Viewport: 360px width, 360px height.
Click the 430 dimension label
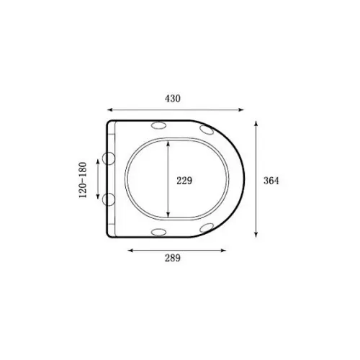(173, 99)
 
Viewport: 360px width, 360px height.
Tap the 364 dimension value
(271, 181)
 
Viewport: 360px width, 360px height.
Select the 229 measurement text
(184, 181)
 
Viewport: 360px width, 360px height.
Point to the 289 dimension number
(173, 258)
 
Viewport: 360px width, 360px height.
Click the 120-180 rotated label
(83, 180)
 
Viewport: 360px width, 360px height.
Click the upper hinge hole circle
(109, 158)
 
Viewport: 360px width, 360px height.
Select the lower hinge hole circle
(109, 199)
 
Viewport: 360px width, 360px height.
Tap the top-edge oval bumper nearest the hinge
(158, 125)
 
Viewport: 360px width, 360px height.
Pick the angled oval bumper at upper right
(207, 130)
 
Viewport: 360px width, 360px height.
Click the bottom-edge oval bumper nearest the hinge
(158, 232)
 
